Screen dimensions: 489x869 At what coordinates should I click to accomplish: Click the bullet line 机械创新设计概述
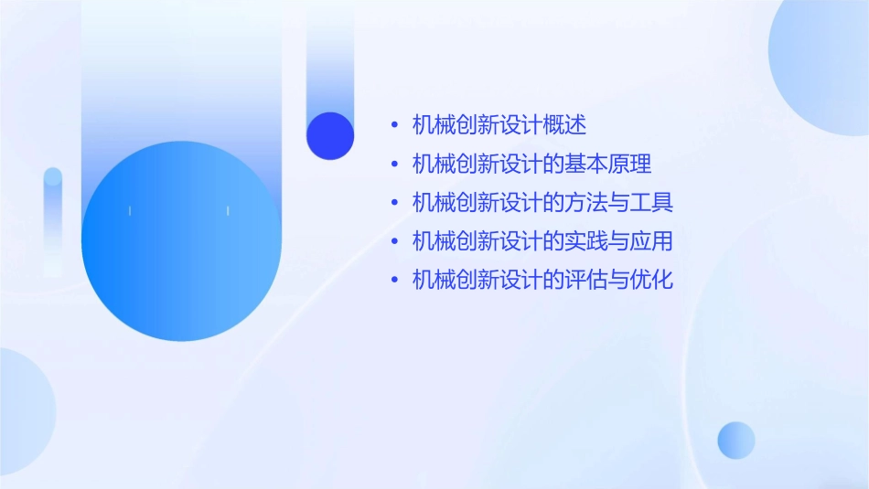499,124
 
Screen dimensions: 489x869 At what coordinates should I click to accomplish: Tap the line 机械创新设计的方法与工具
542,202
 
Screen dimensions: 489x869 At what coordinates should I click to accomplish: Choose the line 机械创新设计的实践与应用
542,241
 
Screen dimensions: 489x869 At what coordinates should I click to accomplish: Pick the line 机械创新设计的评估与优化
542,280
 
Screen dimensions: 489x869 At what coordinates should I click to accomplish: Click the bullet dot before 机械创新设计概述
394,125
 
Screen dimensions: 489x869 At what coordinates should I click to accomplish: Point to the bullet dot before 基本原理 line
394,165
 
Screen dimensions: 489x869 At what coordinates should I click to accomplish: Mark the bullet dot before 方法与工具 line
394,203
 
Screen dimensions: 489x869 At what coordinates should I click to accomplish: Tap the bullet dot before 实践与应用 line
394,242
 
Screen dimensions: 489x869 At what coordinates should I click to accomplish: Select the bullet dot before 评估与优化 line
394,281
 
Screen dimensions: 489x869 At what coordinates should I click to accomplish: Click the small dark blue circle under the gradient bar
330,135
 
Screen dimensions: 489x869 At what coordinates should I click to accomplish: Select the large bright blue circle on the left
181,241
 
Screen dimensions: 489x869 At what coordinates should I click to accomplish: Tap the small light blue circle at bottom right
736,440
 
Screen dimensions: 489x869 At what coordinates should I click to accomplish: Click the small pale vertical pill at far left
53,219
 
